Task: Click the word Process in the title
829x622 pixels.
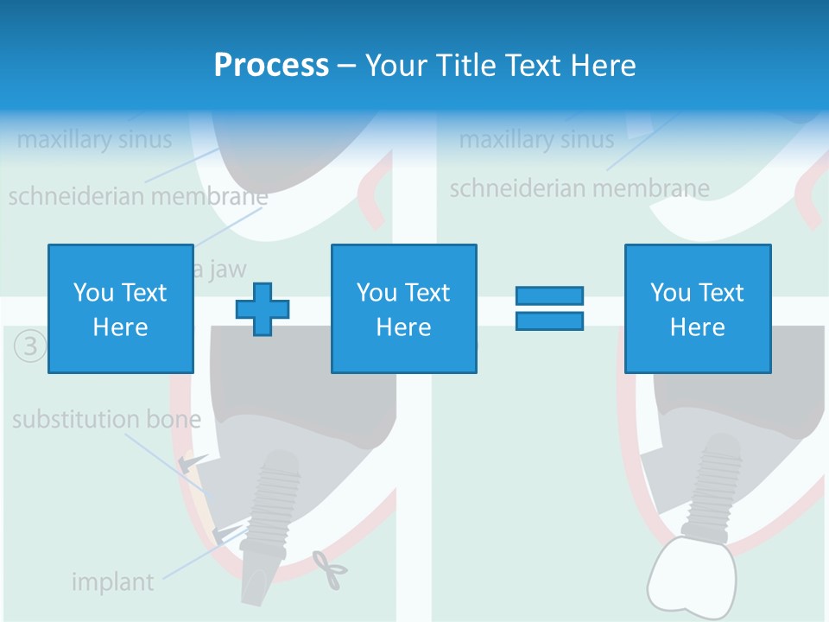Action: pyautogui.click(x=271, y=65)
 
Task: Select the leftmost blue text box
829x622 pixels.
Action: pyautogui.click(x=120, y=308)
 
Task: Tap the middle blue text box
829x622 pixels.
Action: pyautogui.click(x=403, y=308)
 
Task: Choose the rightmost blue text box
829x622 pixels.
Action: pyautogui.click(x=697, y=308)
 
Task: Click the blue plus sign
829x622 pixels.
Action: pyautogui.click(x=263, y=308)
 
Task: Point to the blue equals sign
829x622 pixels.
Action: pyautogui.click(x=549, y=308)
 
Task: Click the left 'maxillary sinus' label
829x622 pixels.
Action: pyautogui.click(x=94, y=139)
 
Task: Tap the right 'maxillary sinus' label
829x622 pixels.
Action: pyautogui.click(x=536, y=139)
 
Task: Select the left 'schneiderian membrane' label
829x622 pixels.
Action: pyautogui.click(x=138, y=196)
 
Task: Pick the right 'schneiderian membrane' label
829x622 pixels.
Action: pyautogui.click(x=579, y=187)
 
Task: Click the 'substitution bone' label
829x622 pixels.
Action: pyautogui.click(x=106, y=421)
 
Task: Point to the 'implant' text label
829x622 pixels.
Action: pyautogui.click(x=112, y=581)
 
